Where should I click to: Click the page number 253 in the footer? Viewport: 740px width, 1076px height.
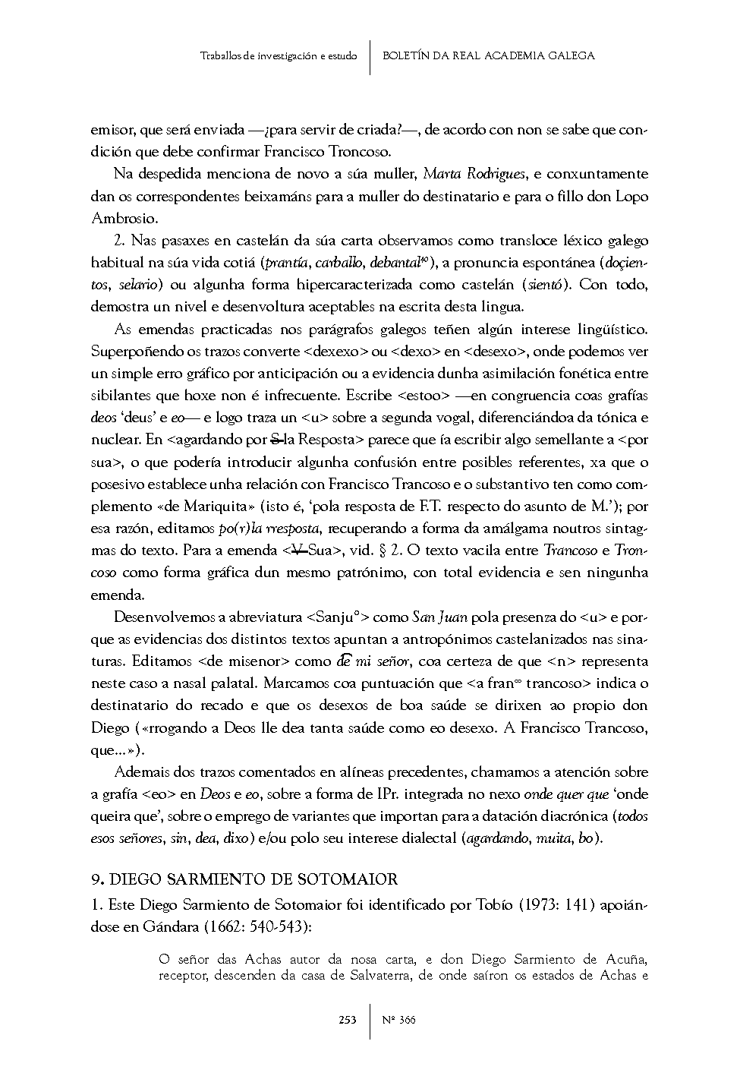[x=348, y=1020]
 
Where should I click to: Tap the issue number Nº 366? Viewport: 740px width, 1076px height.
[x=399, y=1020]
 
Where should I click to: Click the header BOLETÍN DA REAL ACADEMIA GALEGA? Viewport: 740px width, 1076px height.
[x=488, y=55]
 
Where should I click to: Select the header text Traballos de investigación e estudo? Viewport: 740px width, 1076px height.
[x=279, y=56]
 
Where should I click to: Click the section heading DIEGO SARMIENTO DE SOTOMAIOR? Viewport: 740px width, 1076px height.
[x=253, y=879]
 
